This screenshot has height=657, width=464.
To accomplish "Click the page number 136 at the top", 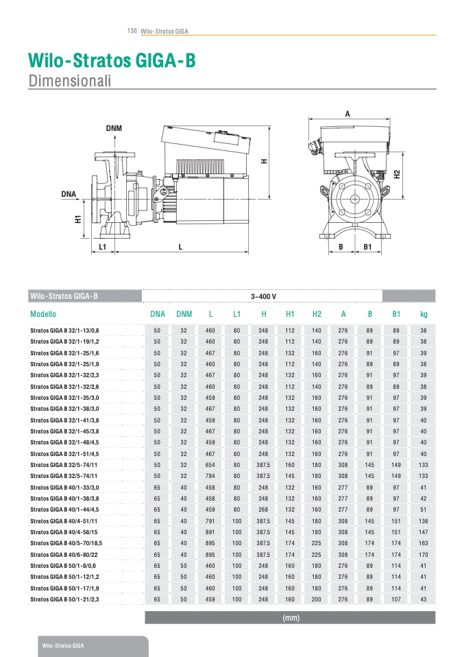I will [x=132, y=31].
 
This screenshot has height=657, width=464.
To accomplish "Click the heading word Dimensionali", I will [x=69, y=80].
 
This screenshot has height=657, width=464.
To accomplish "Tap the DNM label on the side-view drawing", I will [x=114, y=128].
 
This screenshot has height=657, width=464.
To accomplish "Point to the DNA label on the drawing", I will [x=69, y=194].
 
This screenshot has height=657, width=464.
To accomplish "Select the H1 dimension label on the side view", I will [x=79, y=219].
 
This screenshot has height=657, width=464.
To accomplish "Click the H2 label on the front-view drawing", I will [x=397, y=174].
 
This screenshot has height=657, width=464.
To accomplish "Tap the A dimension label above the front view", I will [x=347, y=114].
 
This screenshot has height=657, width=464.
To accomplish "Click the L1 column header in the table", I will [x=236, y=314].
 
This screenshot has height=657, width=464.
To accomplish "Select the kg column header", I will [x=424, y=314].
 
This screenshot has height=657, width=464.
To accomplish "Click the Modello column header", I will [x=43, y=314].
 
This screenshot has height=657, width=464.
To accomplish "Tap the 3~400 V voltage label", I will [x=263, y=296].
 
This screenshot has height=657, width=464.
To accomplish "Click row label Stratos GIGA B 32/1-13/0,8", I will [x=64, y=331].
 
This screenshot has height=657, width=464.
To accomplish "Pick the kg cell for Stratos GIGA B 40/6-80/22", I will [x=424, y=554].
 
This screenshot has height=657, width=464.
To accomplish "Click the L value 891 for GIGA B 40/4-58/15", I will [x=210, y=532].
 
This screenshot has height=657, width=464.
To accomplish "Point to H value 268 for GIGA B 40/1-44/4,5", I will [x=263, y=510].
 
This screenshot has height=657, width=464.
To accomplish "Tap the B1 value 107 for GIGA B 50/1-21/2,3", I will [x=396, y=599].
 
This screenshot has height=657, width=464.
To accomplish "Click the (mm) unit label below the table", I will [x=290, y=618].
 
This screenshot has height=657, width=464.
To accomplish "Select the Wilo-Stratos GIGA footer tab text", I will [x=64, y=647].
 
